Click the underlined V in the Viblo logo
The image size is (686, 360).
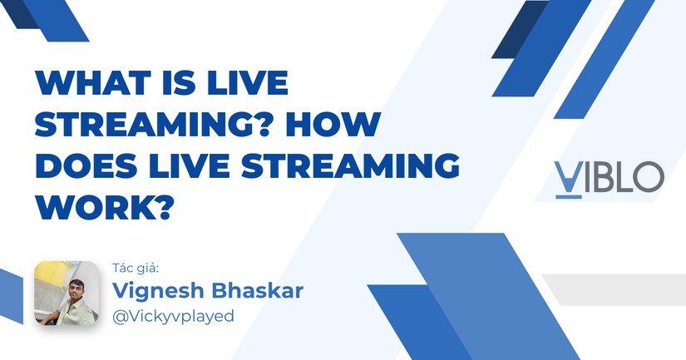[x=567, y=177]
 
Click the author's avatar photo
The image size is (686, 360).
[x=66, y=293]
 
